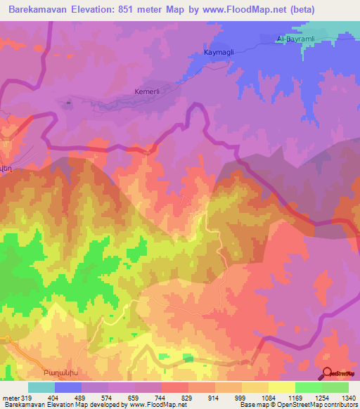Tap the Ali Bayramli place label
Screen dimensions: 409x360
(x=295, y=39)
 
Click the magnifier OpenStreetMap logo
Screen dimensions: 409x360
(x=328, y=374)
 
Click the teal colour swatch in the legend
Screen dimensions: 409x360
(x=41, y=387)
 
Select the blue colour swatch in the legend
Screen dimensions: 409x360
(x=68, y=387)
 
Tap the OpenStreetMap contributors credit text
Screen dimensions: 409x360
(x=316, y=405)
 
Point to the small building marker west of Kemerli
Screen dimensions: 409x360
(x=68, y=104)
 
